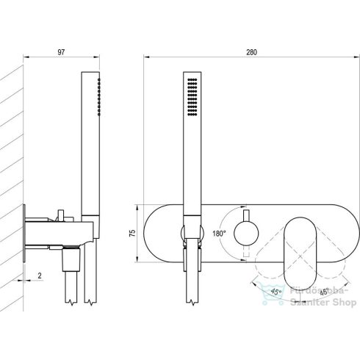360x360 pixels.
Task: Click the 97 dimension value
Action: click(x=61, y=52)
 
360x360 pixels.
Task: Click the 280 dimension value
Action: click(x=251, y=52)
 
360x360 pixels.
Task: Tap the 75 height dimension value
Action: click(x=132, y=234)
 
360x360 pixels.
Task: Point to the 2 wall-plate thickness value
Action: click(x=40, y=276)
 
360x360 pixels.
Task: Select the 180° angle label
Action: click(x=219, y=234)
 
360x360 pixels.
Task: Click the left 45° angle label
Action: click(x=276, y=292)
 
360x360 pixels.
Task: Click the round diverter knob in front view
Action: click(x=246, y=233)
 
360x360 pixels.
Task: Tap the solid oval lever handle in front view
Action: click(x=300, y=253)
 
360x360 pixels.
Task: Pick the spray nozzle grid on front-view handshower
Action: click(x=192, y=97)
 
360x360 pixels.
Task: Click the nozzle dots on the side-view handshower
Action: click(x=98, y=97)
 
